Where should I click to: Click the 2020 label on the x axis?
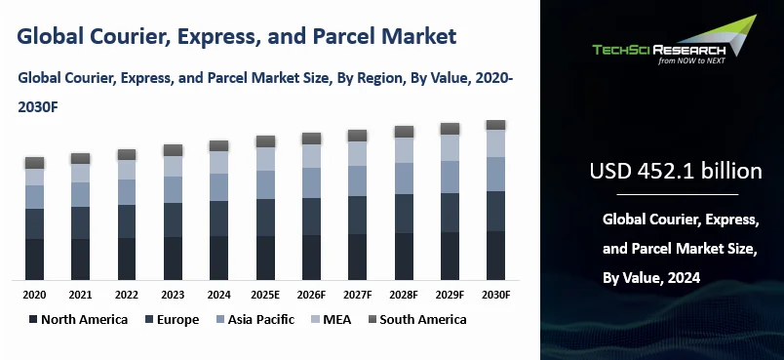click(x=34, y=294)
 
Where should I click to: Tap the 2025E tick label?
click(x=265, y=294)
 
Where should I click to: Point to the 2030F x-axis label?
click(x=495, y=294)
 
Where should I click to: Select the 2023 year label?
click(x=173, y=294)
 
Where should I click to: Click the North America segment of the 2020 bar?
click(x=34, y=259)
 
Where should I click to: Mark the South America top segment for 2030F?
click(x=495, y=125)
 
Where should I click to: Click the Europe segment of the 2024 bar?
click(x=218, y=218)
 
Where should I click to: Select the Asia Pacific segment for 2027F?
click(x=357, y=180)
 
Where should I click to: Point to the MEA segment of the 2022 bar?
click(x=127, y=169)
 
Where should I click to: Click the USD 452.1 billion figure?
click(x=675, y=172)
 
